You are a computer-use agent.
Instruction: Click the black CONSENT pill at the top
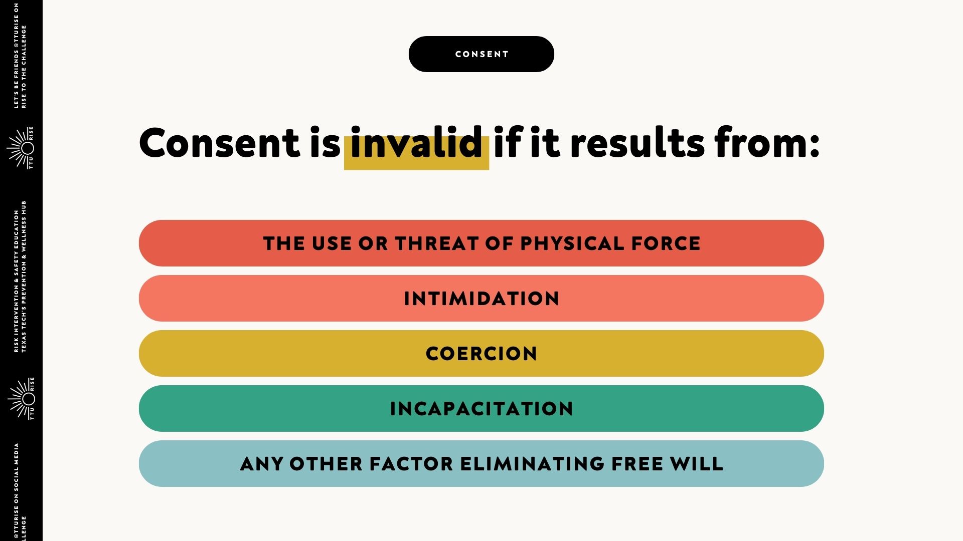(481, 54)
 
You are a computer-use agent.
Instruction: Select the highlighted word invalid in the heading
(416, 143)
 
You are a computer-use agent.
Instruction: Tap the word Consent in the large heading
(219, 143)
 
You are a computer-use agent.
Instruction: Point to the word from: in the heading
(767, 143)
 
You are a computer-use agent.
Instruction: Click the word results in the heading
(637, 143)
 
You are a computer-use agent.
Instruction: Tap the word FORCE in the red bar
(666, 243)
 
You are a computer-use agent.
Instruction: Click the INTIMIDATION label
(481, 299)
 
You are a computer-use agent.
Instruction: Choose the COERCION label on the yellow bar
(481, 354)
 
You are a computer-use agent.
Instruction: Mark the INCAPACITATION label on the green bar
(481, 409)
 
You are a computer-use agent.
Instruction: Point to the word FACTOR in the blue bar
(411, 464)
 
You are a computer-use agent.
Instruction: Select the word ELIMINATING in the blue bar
(532, 464)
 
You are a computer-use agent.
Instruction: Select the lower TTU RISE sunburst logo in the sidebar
(21, 399)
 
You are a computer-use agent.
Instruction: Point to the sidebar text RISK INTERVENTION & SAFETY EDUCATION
(17, 281)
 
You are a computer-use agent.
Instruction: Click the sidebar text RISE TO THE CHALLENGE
(24, 67)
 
